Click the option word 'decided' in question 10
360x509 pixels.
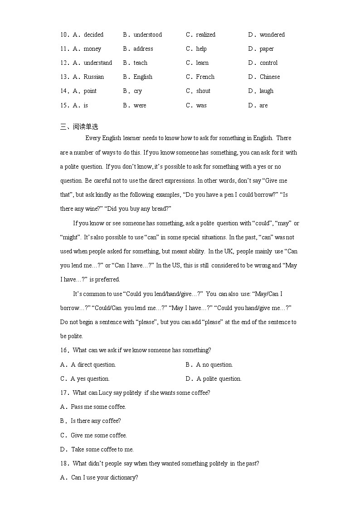coord(93,35)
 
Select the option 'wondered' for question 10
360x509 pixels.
coord(272,35)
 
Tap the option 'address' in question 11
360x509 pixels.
coord(143,49)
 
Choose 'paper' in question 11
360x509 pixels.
coord(267,49)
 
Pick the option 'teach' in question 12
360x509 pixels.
coord(141,63)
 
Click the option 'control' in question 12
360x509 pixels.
coord(268,63)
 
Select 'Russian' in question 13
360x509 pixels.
coord(93,77)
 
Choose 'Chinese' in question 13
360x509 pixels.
coord(270,77)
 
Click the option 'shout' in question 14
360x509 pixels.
coord(203,91)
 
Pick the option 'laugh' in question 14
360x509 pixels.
coord(267,91)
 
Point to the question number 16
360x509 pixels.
coord(63,350)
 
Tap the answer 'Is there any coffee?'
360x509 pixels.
coord(96,421)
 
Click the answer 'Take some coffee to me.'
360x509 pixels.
coord(102,450)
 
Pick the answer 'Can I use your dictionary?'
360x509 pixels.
coord(104,478)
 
